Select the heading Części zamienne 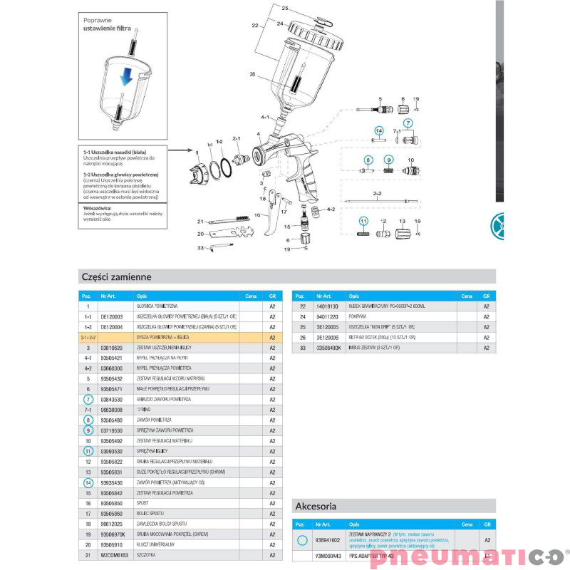pos(115,276)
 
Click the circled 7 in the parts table pos(87,400)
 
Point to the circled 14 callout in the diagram pos(379,131)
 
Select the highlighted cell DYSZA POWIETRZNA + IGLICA pos(161,337)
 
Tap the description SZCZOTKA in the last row pos(146,555)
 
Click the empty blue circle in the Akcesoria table pos(301,541)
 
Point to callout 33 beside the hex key pos(201,247)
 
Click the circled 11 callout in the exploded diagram pos(363,221)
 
